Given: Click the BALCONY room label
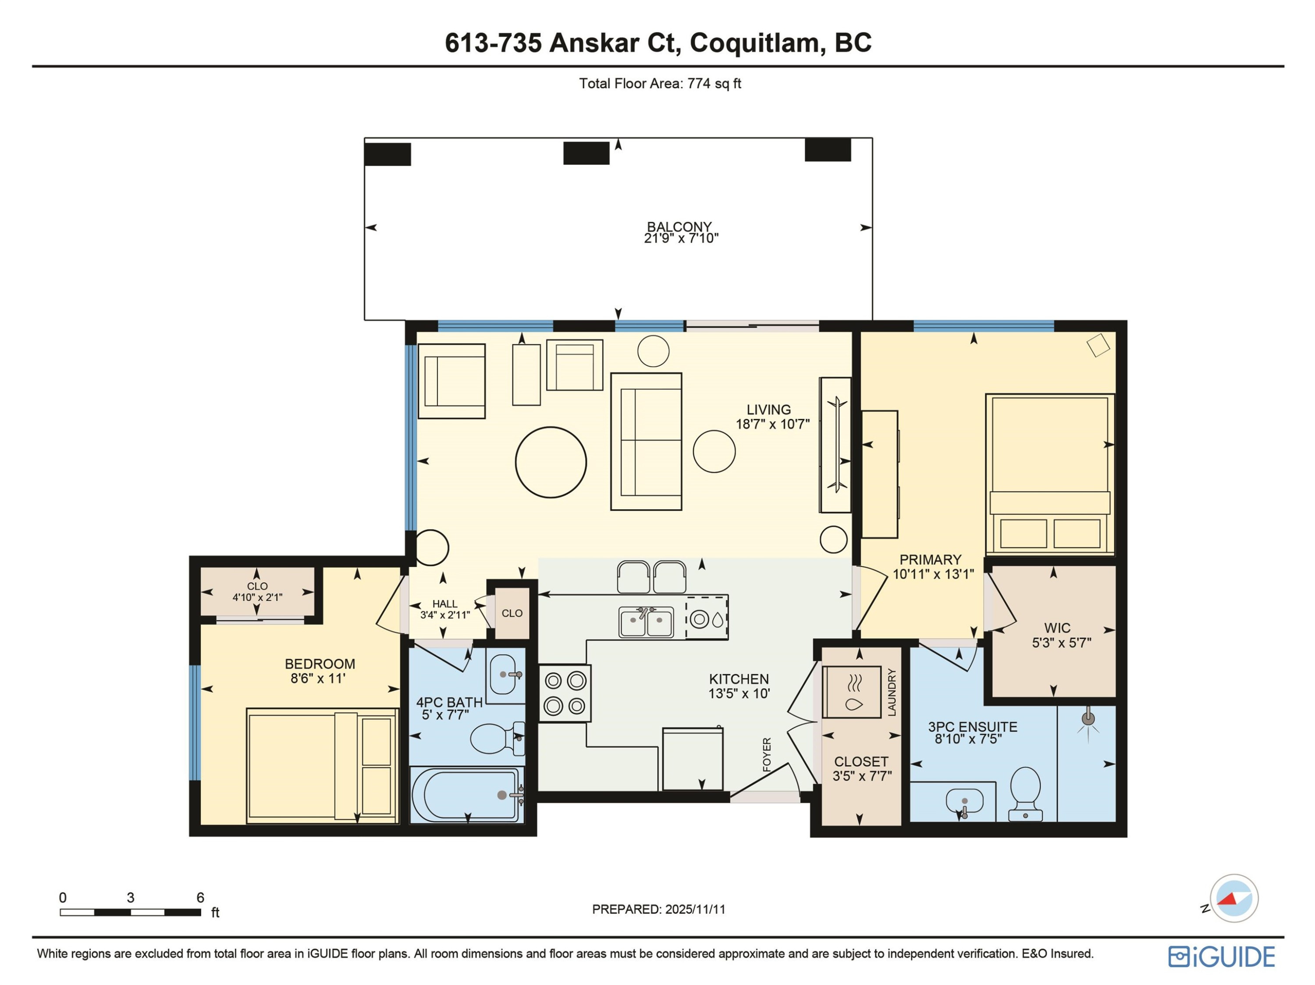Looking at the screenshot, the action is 679,227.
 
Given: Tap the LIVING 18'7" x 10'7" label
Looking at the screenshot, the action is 771,416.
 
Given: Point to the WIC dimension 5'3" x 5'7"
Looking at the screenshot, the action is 1061,642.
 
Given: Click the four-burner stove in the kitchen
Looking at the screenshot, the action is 565,693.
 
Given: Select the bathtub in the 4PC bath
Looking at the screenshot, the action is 467,795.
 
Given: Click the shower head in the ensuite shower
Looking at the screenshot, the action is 1088,718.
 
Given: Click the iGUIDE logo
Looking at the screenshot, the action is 1222,957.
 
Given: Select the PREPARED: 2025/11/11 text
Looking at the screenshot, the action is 659,909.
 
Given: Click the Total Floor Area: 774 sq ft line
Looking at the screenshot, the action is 660,83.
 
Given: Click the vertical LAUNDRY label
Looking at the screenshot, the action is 892,692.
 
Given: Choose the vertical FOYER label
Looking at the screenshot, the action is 767,755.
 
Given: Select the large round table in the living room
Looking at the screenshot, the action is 551,462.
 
